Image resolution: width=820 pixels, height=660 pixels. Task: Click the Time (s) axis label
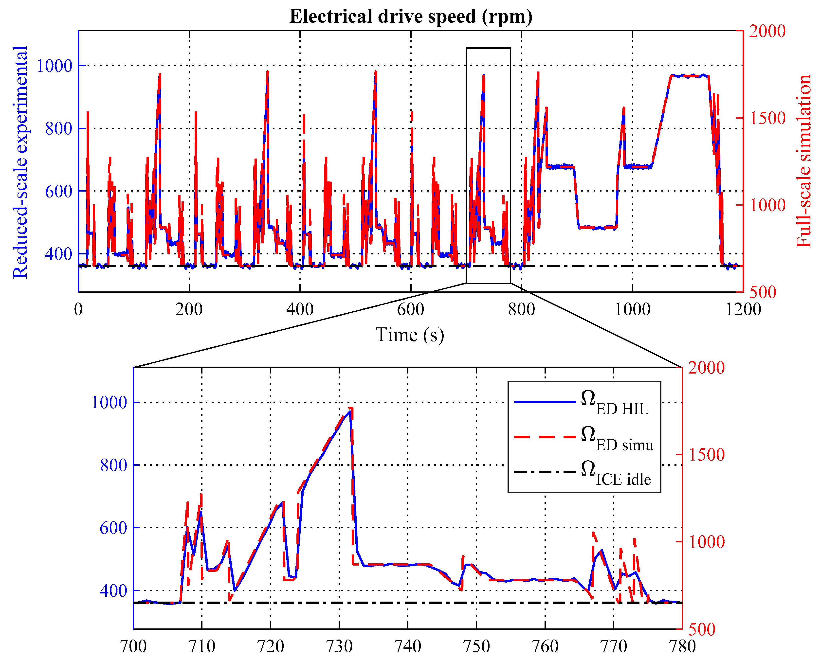(x=410, y=335)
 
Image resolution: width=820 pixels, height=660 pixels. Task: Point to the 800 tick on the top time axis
(x=521, y=309)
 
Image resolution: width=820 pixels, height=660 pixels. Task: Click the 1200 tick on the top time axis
(x=743, y=309)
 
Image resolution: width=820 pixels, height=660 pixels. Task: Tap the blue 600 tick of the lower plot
(x=113, y=528)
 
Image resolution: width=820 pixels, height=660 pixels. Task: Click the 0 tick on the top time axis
(x=78, y=309)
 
